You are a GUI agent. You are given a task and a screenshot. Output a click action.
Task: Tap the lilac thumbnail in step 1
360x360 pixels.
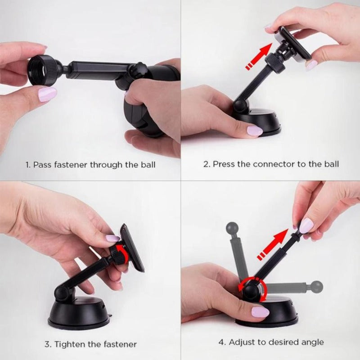pos(47,94)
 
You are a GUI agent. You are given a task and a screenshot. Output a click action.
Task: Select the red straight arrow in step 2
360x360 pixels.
pos(258,56)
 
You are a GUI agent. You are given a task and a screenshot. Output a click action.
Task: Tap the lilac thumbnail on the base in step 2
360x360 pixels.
pos(255,131)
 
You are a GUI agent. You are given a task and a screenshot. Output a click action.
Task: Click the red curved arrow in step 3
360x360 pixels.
pos(121,252)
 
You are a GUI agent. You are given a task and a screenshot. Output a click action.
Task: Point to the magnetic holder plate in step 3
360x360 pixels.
pos(132,248)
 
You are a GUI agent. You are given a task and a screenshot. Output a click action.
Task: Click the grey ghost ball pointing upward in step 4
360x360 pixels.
pos(232,228)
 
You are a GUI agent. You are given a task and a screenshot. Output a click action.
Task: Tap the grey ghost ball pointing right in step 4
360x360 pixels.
pos(317,287)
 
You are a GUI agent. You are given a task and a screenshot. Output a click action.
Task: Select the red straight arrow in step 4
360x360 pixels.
pos(273,244)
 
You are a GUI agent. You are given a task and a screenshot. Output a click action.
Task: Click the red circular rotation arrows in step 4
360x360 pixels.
pos(252,289)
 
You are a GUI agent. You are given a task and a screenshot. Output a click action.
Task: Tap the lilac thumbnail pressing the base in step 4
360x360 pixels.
pos(261,312)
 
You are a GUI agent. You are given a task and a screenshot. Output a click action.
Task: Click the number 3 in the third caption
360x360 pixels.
pos(47,344)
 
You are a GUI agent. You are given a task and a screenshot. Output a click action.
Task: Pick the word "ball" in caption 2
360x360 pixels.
pos(331,164)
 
